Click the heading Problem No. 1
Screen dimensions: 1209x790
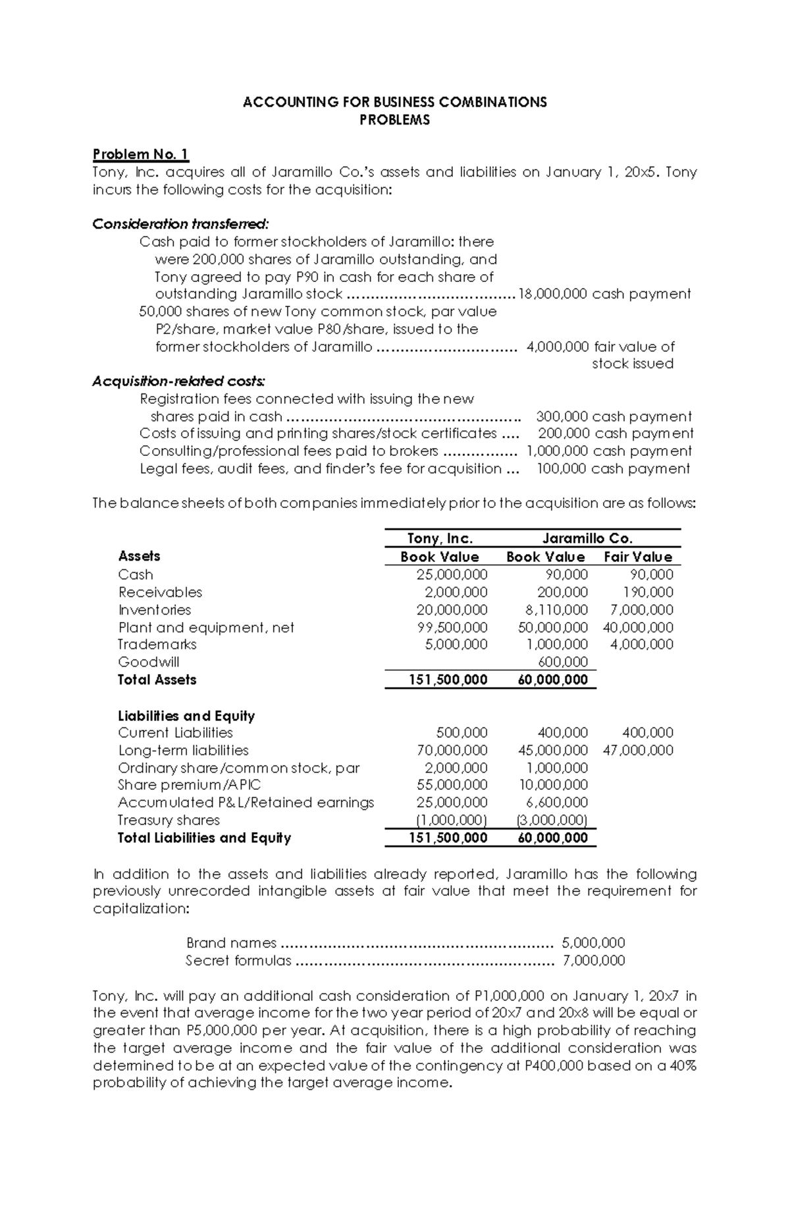pyautogui.click(x=140, y=155)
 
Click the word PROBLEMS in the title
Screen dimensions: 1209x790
pyautogui.click(x=394, y=120)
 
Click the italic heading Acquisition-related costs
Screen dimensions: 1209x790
pyautogui.click(x=179, y=381)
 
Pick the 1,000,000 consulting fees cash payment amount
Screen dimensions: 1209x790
pyautogui.click(x=557, y=451)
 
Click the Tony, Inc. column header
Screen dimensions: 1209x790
pyautogui.click(x=440, y=539)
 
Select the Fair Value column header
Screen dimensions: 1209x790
pyautogui.click(x=638, y=557)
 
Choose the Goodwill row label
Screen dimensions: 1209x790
pyautogui.click(x=148, y=662)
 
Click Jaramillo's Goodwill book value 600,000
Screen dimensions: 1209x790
pyautogui.click(x=563, y=662)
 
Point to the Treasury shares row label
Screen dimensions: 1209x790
pyautogui.click(x=169, y=820)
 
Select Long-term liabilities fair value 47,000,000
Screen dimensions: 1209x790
pyautogui.click(x=638, y=750)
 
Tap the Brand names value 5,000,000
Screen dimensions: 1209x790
pyautogui.click(x=593, y=943)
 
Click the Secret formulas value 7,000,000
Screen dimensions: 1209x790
pyautogui.click(x=593, y=961)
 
